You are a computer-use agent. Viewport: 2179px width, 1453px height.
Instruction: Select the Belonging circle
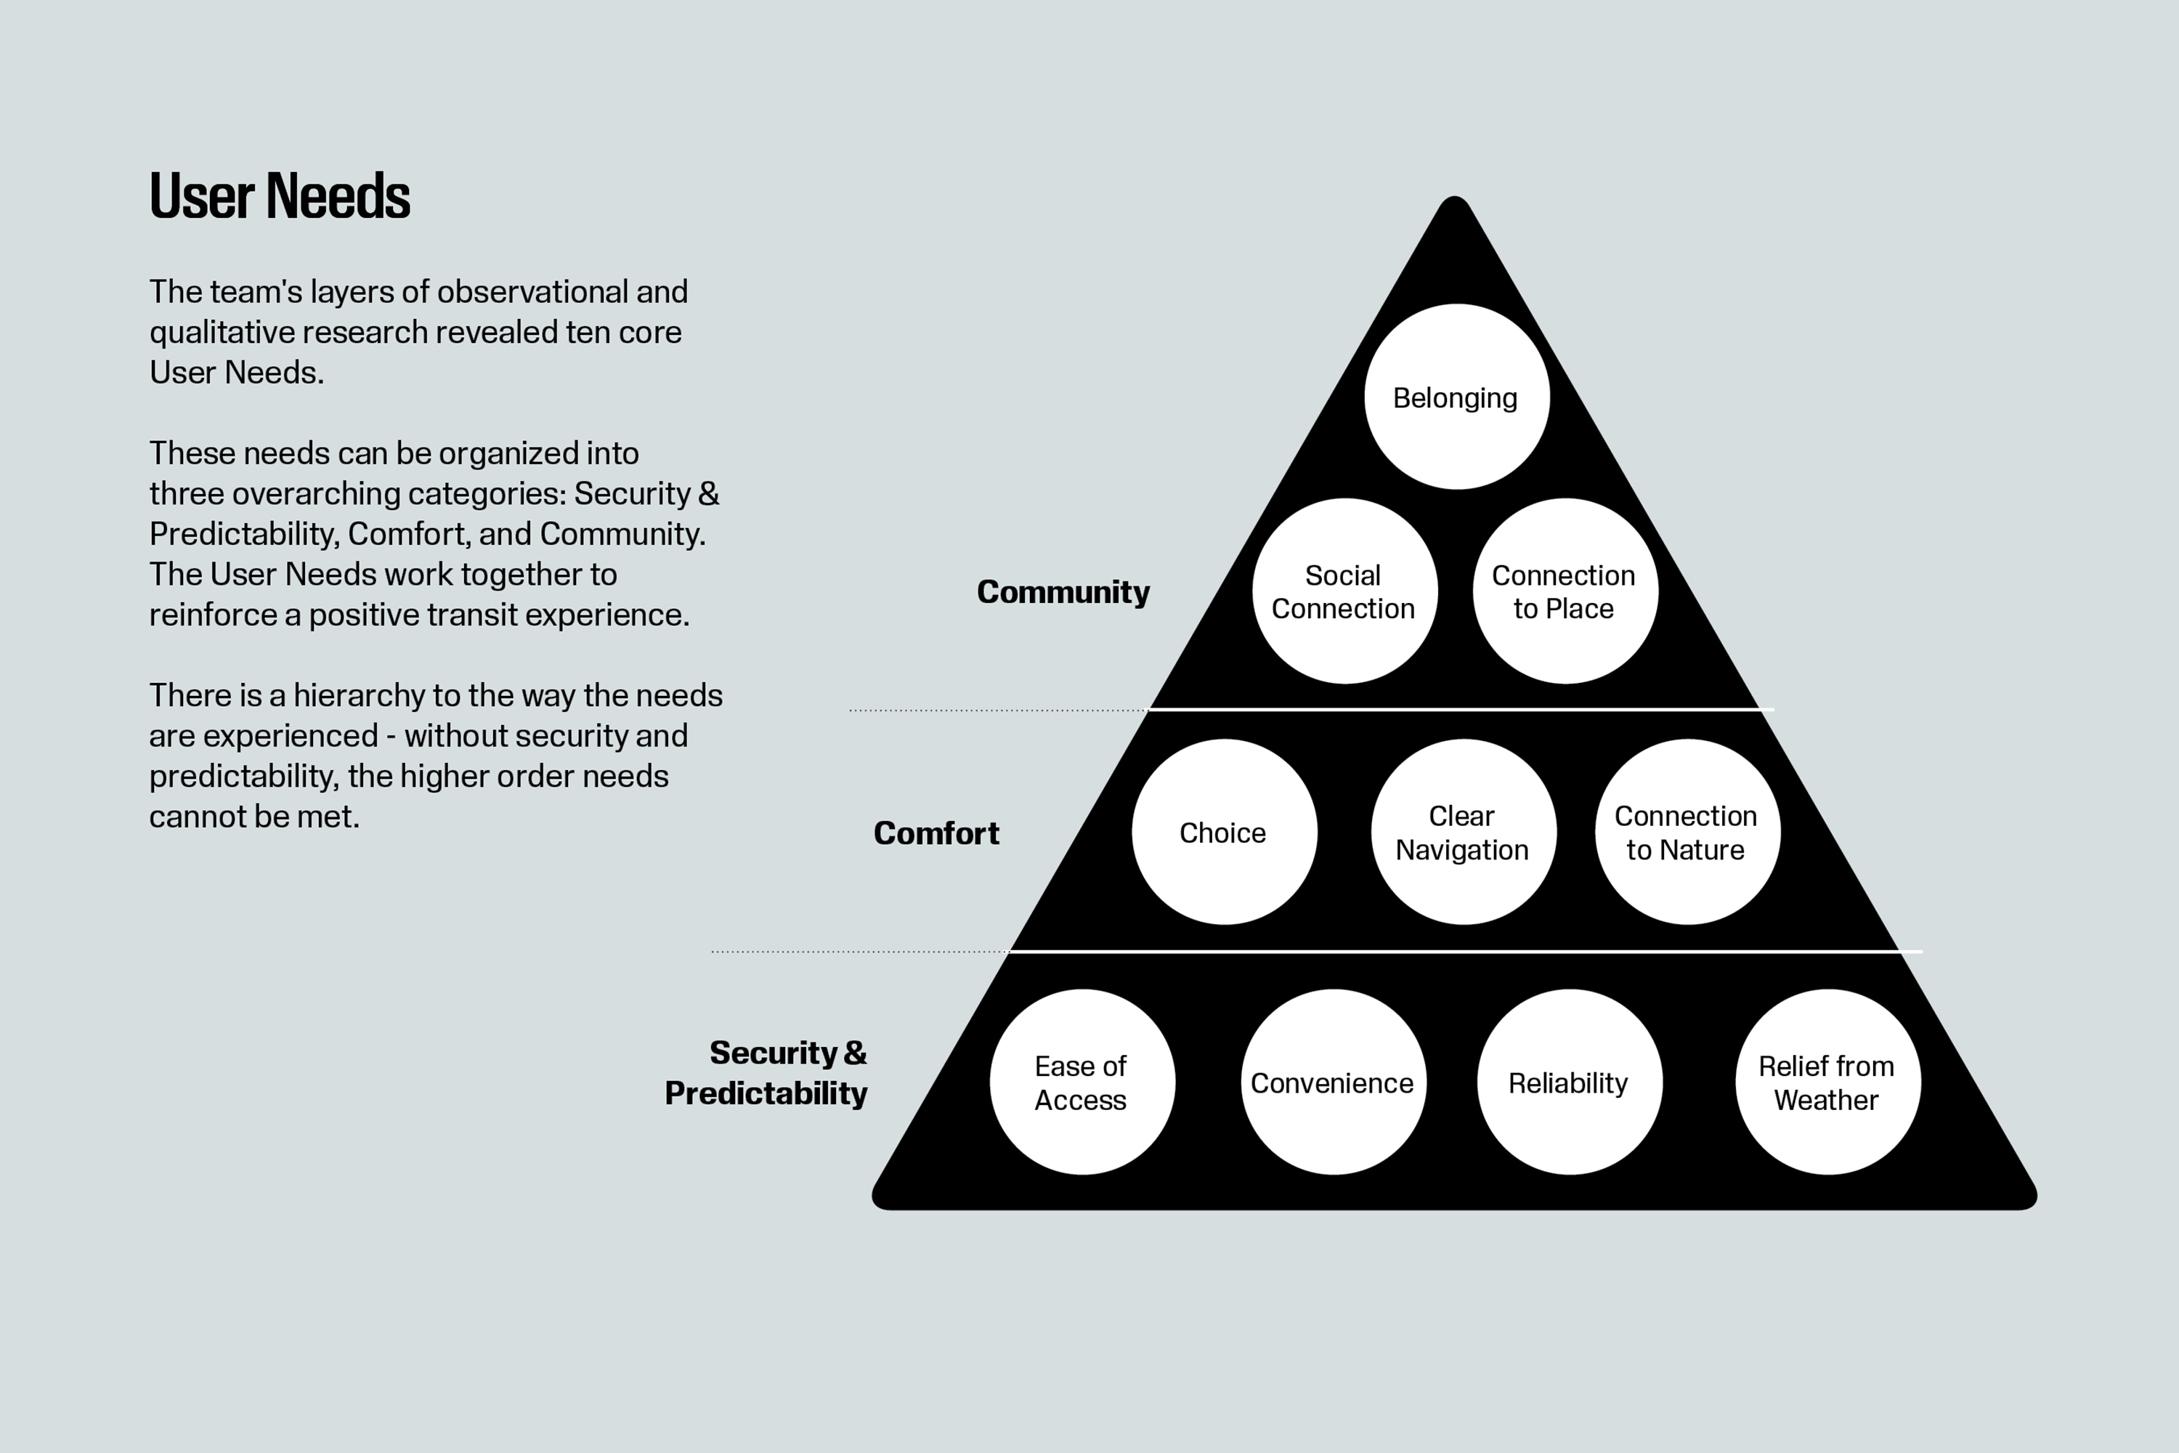(x=1456, y=397)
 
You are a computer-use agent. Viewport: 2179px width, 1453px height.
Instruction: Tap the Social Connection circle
(x=1344, y=591)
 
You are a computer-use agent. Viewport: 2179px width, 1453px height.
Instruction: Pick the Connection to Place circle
(x=1565, y=591)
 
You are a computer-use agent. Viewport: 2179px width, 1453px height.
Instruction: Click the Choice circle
(x=1224, y=832)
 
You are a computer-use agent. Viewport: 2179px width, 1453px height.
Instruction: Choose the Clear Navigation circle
(x=1463, y=832)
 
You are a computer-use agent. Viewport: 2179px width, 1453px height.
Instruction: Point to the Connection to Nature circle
(x=1687, y=832)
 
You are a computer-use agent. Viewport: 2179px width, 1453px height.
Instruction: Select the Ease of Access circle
(x=1082, y=1082)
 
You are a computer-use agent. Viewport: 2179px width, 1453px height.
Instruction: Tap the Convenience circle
(x=1333, y=1082)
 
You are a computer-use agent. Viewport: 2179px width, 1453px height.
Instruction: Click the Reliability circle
(x=1570, y=1082)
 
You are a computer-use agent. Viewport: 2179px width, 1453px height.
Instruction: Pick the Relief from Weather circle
(x=1828, y=1082)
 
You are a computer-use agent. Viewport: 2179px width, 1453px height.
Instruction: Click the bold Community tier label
(x=1063, y=592)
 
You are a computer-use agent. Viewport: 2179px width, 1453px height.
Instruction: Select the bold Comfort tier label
(x=937, y=833)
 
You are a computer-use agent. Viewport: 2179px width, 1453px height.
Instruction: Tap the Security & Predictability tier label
(x=766, y=1073)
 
